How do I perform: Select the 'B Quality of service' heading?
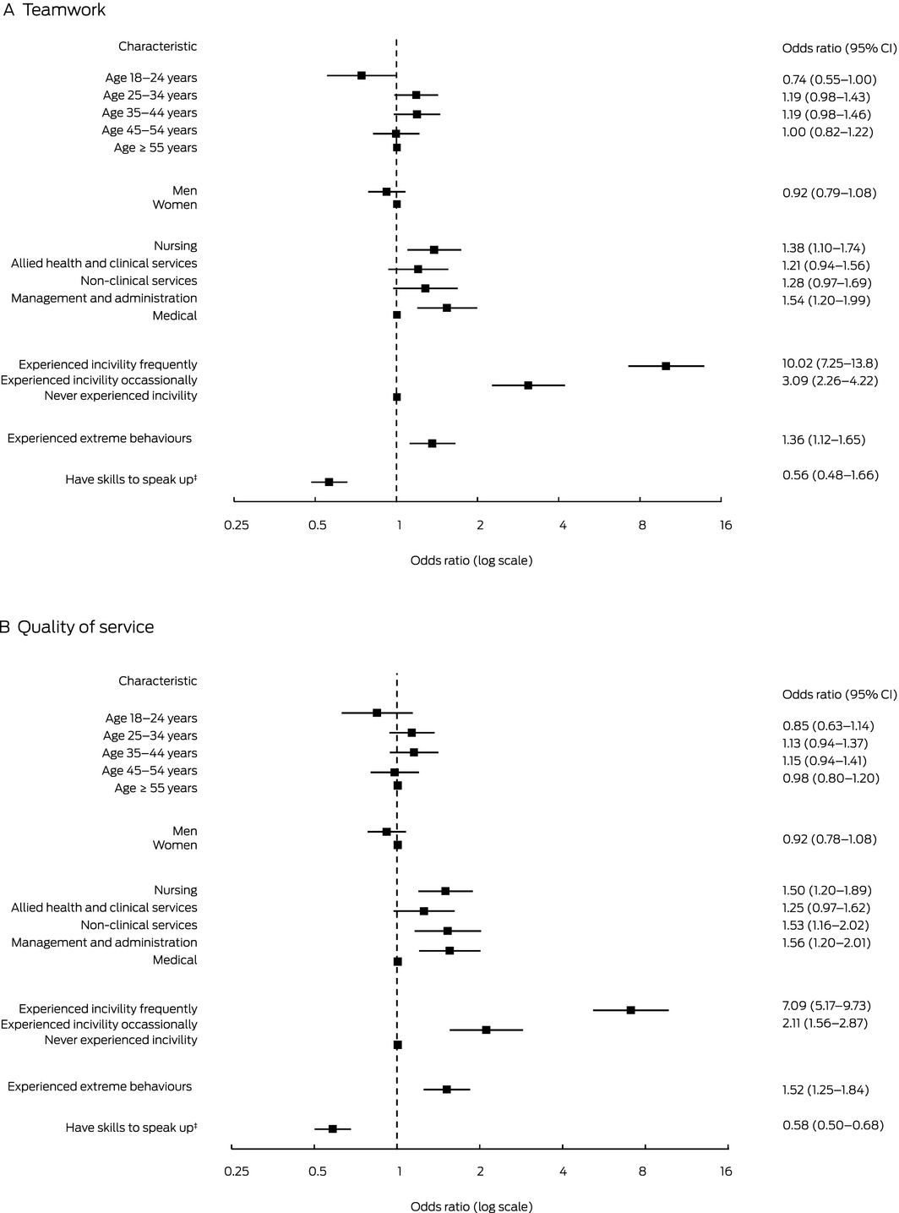[x=77, y=627]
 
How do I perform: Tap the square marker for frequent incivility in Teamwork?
[x=666, y=366]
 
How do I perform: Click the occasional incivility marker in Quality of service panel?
[x=486, y=1030]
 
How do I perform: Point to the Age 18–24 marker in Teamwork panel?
[x=362, y=75]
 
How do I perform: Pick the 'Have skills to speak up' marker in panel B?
[x=333, y=1128]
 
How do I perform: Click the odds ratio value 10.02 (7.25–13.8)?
[x=830, y=363]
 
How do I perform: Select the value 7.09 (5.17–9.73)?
[x=826, y=1006]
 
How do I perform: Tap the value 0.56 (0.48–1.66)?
[x=831, y=475]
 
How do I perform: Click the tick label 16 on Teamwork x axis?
[x=726, y=526]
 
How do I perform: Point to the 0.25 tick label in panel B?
[x=237, y=1172]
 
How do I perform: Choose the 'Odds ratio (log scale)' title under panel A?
[x=471, y=560]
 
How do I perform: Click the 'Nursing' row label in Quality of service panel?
[x=175, y=890]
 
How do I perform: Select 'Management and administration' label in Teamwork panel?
[x=104, y=298]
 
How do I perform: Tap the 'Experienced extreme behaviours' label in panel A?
[x=100, y=439]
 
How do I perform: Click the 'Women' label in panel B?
[x=175, y=845]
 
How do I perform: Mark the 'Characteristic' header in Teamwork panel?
[x=157, y=46]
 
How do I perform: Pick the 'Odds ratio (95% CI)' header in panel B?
[x=839, y=695]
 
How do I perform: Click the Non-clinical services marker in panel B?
[x=447, y=931]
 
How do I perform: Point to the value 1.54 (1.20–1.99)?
[x=826, y=301]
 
